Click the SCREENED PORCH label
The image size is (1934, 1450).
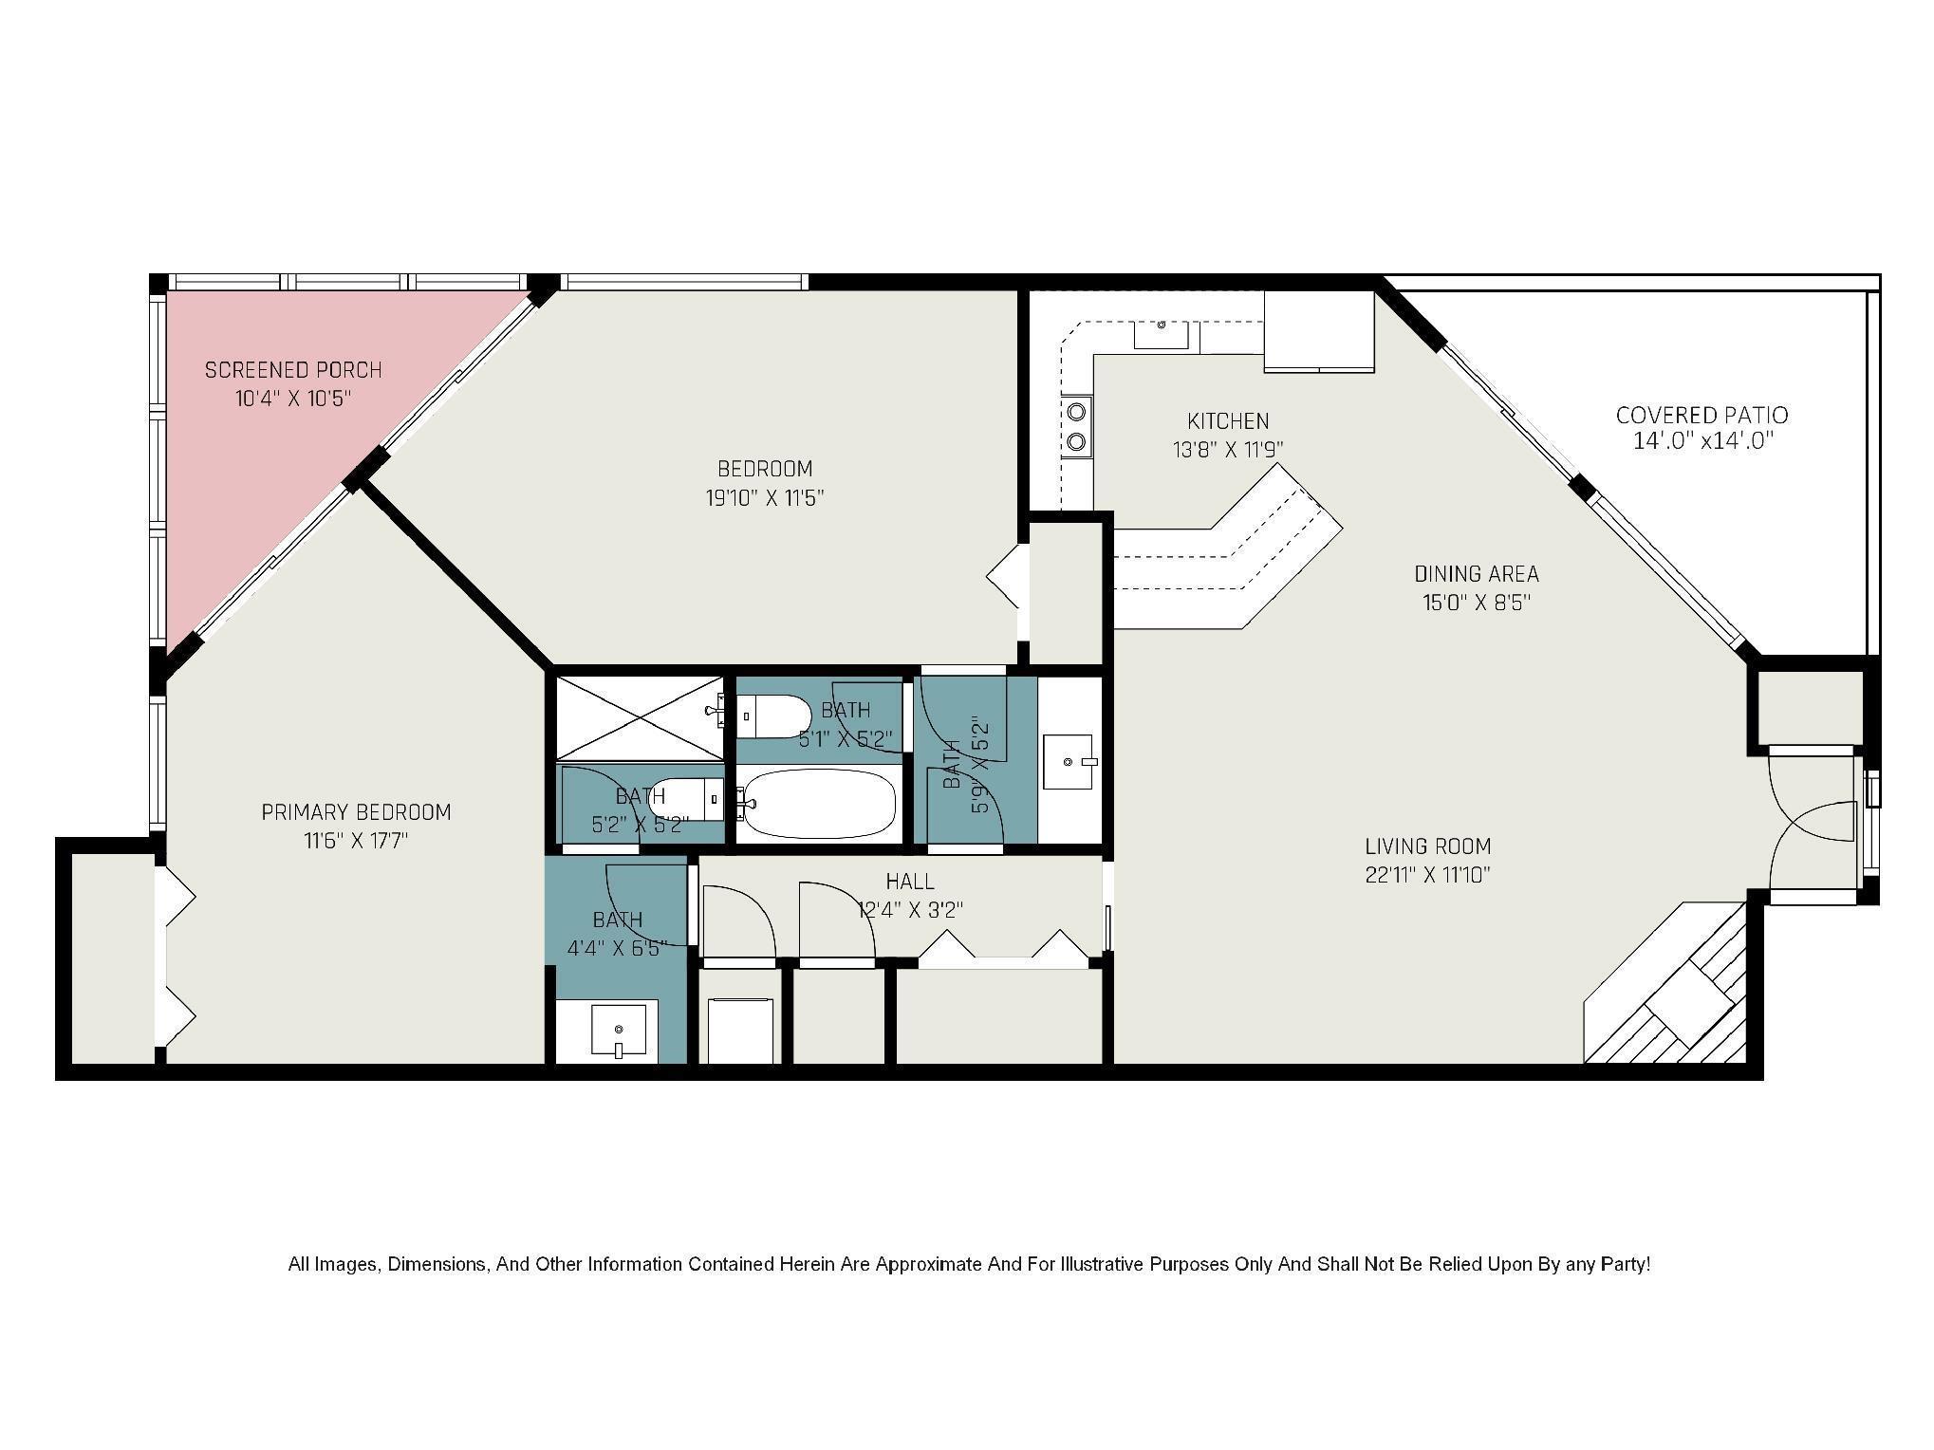point(293,369)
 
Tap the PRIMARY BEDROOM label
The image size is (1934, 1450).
point(356,812)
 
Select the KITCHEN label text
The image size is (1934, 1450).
point(1228,420)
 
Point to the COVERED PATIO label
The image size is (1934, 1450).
point(1702,415)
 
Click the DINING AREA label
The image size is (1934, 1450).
point(1477,573)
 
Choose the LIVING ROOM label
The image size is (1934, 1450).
point(1428,846)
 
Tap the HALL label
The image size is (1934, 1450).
point(910,882)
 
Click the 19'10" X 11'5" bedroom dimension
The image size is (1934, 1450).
point(765,497)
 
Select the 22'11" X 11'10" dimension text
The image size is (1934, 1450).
point(1428,874)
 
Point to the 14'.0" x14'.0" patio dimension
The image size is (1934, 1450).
point(1702,441)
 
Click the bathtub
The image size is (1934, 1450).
point(816,804)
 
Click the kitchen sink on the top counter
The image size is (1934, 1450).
point(1162,334)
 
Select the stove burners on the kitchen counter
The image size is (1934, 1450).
point(1077,426)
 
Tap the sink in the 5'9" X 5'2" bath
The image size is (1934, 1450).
point(1070,761)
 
